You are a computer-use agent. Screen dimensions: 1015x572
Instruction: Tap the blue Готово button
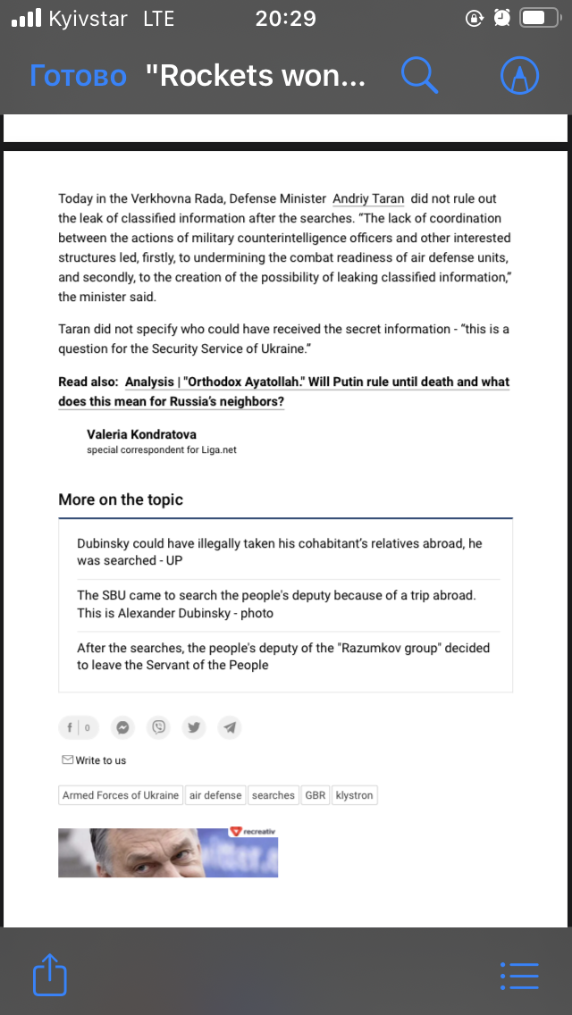pyautogui.click(x=79, y=76)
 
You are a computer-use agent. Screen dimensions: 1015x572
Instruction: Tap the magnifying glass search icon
pyautogui.click(x=419, y=75)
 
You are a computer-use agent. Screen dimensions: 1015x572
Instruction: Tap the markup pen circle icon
pyautogui.click(x=519, y=76)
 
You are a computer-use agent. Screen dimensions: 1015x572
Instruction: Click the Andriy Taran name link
pyautogui.click(x=368, y=198)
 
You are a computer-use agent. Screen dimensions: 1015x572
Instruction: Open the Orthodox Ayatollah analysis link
pyautogui.click(x=317, y=382)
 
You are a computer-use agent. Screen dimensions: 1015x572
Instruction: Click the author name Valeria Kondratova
pyautogui.click(x=141, y=434)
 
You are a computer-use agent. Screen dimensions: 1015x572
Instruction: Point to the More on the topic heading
pyautogui.click(x=121, y=499)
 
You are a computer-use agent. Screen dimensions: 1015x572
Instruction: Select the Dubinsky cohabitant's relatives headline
pyautogui.click(x=280, y=551)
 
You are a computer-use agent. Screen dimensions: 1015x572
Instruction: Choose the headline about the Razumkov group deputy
pyautogui.click(x=283, y=656)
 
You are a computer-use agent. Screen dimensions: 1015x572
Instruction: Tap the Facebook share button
pyautogui.click(x=79, y=727)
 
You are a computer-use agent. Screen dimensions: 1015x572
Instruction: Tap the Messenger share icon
pyautogui.click(x=123, y=727)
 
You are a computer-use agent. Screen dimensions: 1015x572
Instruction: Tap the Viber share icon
pyautogui.click(x=159, y=727)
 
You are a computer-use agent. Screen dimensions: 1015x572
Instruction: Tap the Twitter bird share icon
pyautogui.click(x=194, y=727)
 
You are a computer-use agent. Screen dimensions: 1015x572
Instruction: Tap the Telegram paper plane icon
pyautogui.click(x=230, y=727)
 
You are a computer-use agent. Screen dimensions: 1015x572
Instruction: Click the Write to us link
pyautogui.click(x=95, y=760)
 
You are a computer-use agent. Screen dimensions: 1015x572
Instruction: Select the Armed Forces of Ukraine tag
pyautogui.click(x=121, y=795)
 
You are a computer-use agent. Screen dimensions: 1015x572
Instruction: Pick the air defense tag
pyautogui.click(x=215, y=795)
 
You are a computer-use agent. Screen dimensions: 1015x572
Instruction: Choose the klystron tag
pyautogui.click(x=355, y=795)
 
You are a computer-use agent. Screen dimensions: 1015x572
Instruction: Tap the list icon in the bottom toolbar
pyautogui.click(x=519, y=975)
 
